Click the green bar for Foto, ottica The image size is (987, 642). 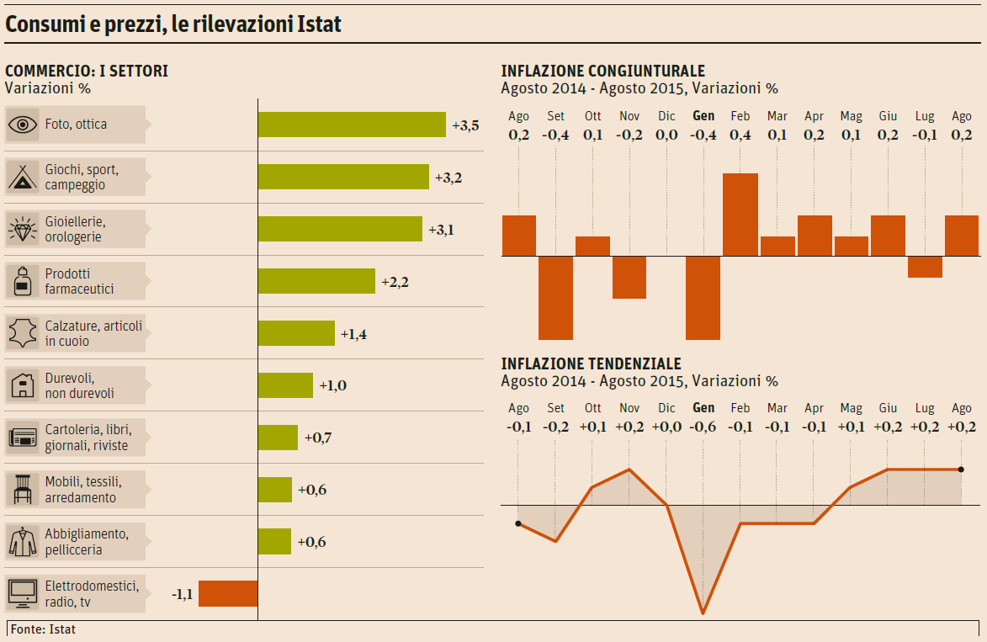click(352, 125)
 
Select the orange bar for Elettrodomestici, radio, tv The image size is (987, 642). click(228, 594)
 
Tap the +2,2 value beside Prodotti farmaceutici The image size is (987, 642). click(395, 282)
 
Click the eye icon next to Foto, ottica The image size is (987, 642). click(23, 125)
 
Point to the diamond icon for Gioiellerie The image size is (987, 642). click(22, 229)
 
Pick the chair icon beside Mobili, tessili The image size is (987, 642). click(22, 489)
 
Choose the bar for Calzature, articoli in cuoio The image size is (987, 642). click(296, 333)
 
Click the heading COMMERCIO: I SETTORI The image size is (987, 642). click(87, 72)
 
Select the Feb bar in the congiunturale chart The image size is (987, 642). click(740, 215)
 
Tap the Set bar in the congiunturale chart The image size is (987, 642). click(555, 298)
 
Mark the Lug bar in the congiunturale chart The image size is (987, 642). click(925, 267)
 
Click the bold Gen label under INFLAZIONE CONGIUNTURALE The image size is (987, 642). click(703, 116)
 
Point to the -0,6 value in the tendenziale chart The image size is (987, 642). click(703, 427)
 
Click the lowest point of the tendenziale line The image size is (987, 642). click(703, 613)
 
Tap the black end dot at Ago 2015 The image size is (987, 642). click(961, 470)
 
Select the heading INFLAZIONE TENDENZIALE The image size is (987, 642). click(592, 363)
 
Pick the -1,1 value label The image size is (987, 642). click(183, 594)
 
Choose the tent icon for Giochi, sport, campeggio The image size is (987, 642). click(22, 177)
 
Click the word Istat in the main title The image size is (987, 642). click(320, 24)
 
